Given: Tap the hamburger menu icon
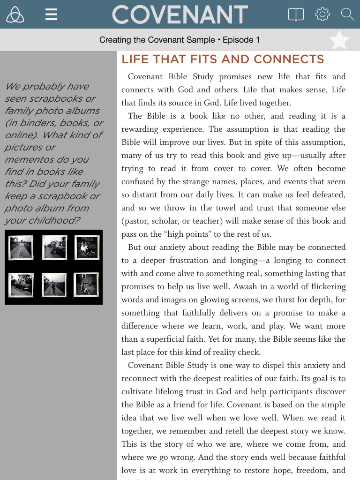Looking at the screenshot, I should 51,15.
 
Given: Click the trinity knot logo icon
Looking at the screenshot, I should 15,15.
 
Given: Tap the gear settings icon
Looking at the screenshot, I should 322,15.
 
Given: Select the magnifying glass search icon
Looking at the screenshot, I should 347,15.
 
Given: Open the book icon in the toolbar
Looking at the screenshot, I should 296,15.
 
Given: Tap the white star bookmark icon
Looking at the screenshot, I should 339,40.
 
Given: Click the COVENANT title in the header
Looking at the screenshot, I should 180,15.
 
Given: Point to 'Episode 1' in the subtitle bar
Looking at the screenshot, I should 241,40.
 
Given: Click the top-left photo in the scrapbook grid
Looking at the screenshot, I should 21,247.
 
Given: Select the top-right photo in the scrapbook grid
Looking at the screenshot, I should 87,247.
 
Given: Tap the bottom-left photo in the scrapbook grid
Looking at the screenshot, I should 21,285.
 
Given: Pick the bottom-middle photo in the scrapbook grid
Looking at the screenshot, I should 54,285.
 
